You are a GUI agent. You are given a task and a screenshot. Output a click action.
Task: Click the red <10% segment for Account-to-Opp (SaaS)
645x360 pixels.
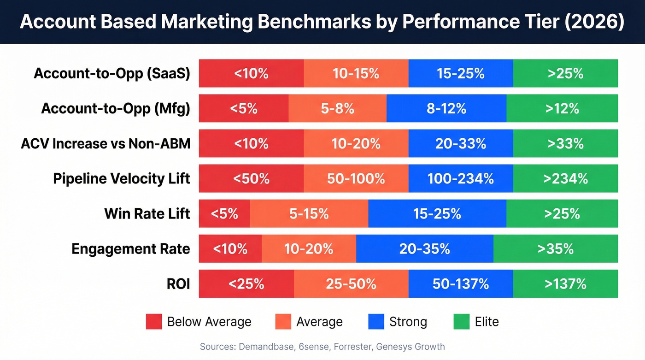[x=251, y=73]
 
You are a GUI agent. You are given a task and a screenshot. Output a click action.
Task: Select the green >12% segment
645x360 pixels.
[x=562, y=108]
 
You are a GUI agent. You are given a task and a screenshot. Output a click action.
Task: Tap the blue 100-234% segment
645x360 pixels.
[x=461, y=178]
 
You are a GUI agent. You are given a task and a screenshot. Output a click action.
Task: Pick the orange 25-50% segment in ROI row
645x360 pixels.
[x=351, y=283]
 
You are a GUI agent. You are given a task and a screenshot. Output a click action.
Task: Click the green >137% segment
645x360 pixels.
[x=565, y=283]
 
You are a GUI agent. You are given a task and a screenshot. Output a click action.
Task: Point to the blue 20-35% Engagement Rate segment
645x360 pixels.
[x=424, y=248]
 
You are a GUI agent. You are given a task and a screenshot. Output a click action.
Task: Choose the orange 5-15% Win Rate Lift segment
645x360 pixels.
[x=309, y=213]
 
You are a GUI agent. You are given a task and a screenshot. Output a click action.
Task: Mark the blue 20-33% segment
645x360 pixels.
[x=461, y=143]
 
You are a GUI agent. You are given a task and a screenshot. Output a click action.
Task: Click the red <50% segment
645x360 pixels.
[x=251, y=178]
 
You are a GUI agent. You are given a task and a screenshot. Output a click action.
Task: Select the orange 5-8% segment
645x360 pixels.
[x=337, y=108]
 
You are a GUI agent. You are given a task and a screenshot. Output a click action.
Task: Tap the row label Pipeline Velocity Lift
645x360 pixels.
[x=122, y=178]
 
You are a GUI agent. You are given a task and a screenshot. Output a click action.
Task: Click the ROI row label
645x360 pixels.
[x=178, y=284]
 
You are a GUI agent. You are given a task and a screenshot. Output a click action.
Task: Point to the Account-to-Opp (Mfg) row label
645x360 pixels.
[x=116, y=108]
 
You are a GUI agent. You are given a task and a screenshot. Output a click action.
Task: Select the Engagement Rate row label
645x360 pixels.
[x=131, y=249]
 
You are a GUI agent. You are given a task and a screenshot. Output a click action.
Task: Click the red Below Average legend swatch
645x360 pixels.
[x=154, y=321]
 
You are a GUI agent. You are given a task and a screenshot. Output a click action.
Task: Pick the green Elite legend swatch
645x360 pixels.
[x=461, y=321]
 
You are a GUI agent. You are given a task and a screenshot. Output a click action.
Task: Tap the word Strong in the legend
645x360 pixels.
[x=408, y=322]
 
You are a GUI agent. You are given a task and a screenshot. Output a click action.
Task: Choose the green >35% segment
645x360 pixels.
[x=555, y=248]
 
